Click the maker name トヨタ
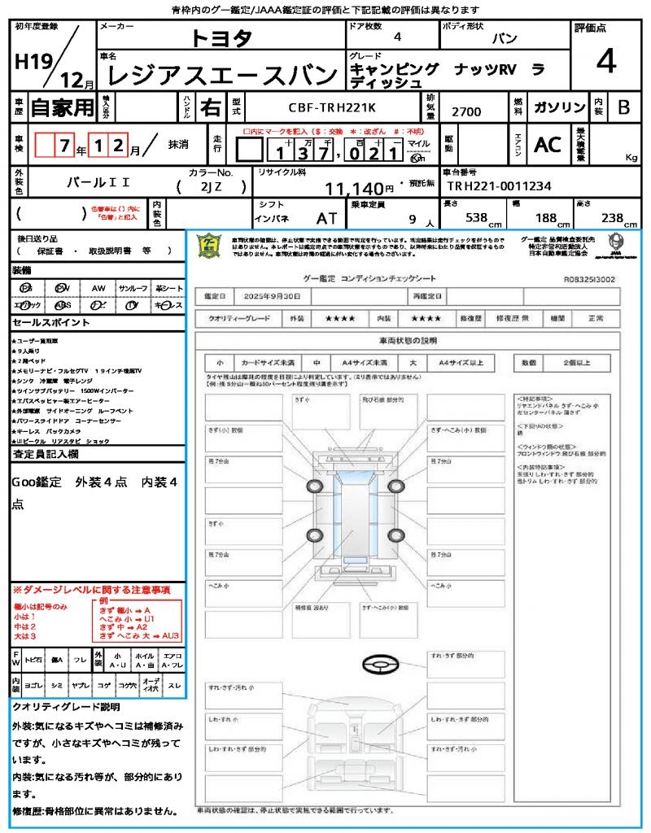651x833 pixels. coord(221,38)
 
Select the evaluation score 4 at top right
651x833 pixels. coord(605,62)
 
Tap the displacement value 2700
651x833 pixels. coord(465,111)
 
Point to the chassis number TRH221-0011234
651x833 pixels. coord(499,186)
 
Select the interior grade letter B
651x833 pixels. coord(623,107)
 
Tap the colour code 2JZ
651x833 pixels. coord(210,186)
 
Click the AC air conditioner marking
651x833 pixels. coord(547,145)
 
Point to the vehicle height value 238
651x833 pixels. coord(611,218)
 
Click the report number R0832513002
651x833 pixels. coord(590,278)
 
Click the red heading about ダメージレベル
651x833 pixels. coord(91,589)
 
